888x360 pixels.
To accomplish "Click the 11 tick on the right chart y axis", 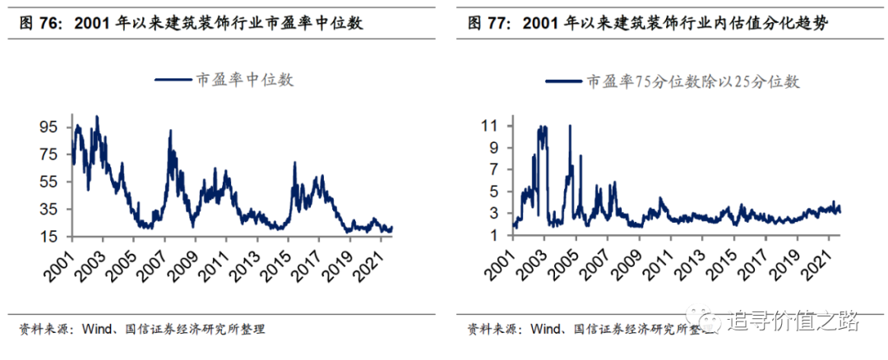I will [x=492, y=127].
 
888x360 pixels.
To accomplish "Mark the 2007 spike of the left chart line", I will [x=170, y=132].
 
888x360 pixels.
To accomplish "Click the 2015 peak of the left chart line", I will [x=294, y=164].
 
